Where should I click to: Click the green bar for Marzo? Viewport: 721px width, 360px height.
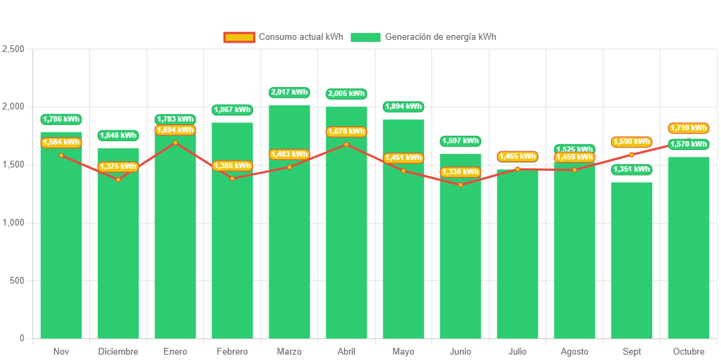[x=290, y=223]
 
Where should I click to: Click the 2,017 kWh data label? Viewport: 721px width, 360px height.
[x=289, y=93]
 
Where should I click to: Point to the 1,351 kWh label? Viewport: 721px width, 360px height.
[x=632, y=170]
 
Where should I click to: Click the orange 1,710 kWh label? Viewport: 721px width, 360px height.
[x=689, y=128]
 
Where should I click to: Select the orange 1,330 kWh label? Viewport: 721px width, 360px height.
[x=460, y=172]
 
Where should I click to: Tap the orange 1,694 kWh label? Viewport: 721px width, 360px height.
[x=175, y=130]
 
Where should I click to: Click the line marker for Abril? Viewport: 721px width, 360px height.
[x=346, y=145]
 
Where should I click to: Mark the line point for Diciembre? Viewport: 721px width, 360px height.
[x=118, y=179]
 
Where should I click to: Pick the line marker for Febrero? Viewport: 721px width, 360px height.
[x=232, y=178]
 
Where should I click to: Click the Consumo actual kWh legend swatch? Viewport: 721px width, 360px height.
[x=239, y=37]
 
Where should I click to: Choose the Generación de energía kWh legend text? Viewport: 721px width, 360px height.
[x=440, y=37]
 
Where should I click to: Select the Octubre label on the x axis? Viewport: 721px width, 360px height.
[x=689, y=352]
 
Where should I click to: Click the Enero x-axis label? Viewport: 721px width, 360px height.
[x=175, y=352]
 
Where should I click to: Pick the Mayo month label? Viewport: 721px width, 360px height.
[x=403, y=352]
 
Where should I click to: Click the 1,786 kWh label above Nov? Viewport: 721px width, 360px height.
[x=61, y=120]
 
